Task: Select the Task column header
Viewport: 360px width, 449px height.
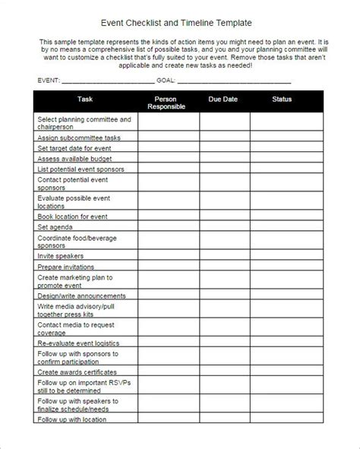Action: (86, 100)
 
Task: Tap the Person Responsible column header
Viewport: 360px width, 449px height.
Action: (169, 103)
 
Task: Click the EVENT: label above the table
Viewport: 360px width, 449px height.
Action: (47, 80)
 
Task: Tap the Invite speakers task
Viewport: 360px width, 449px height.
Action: (62, 256)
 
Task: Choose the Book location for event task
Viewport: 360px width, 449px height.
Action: (73, 217)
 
